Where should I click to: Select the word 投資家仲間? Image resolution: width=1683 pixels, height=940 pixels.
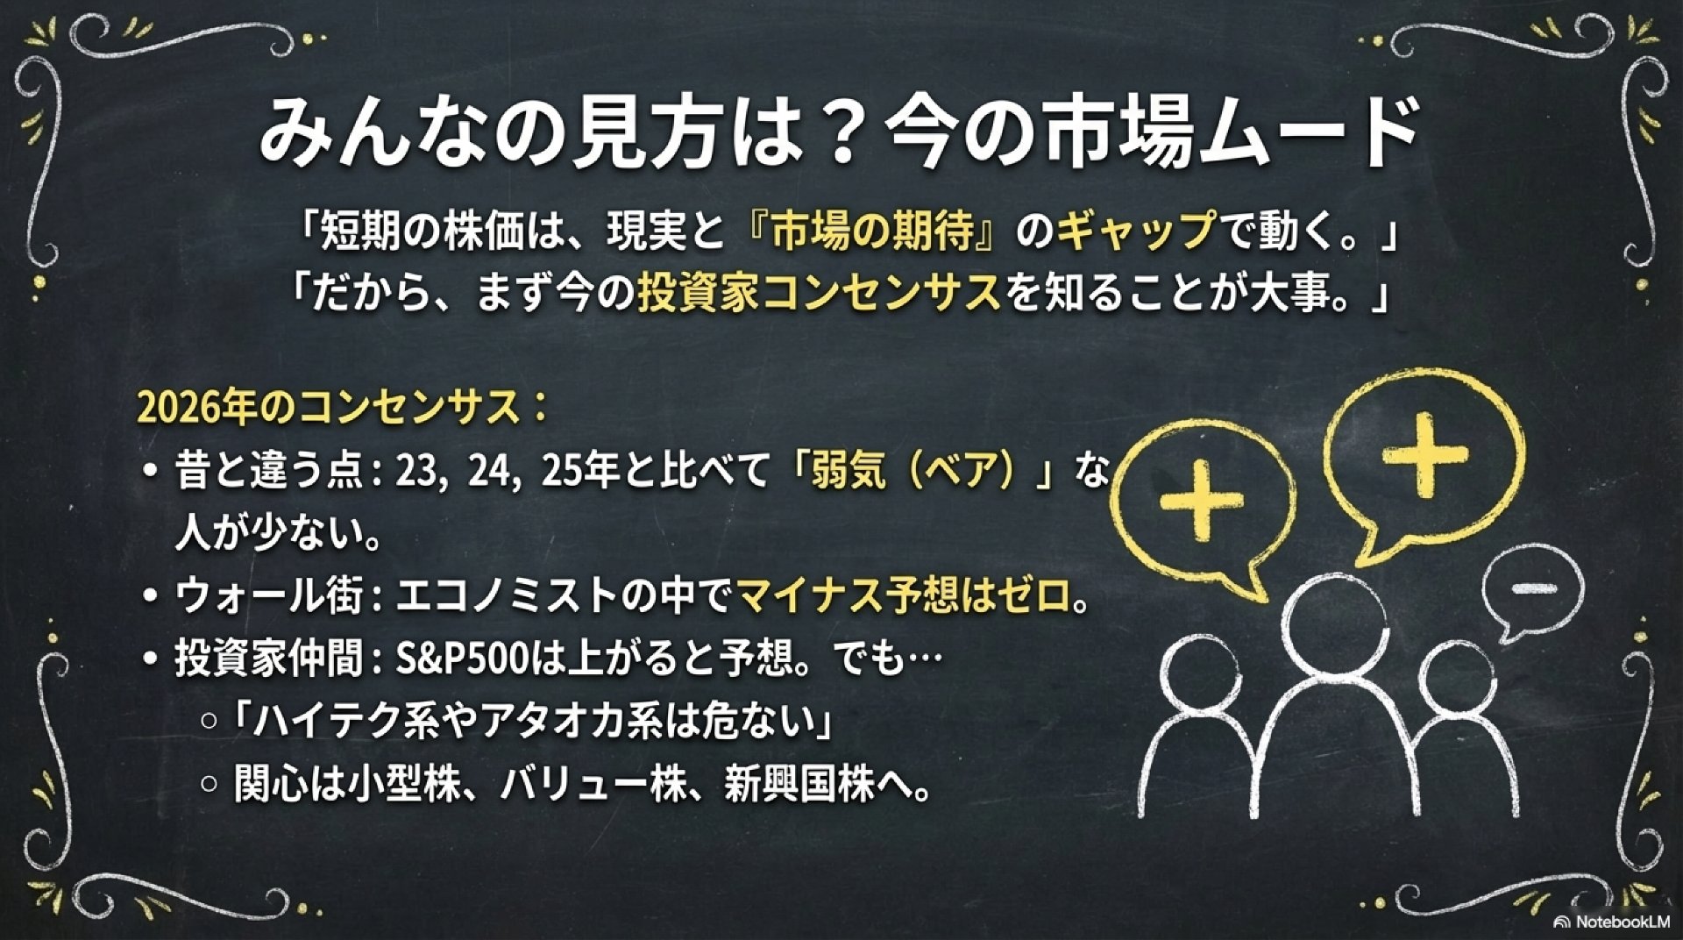pos(269,659)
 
